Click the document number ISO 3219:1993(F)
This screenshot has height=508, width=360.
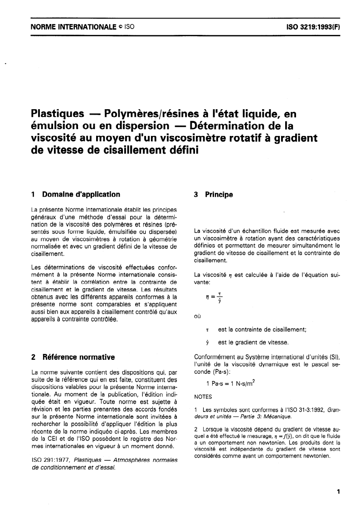click(311, 27)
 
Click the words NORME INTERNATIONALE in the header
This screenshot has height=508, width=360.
click(69, 27)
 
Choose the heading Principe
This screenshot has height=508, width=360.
click(219, 194)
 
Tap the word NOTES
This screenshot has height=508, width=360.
click(203, 397)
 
